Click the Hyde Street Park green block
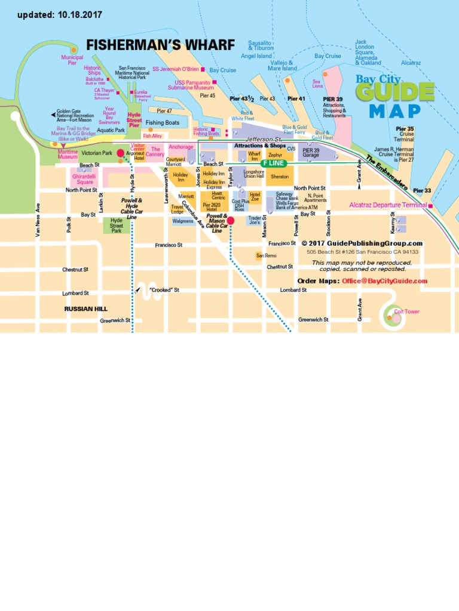tap(116, 225)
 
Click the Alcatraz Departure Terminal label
tap(388, 205)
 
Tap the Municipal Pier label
tap(72, 60)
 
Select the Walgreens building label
tap(183, 221)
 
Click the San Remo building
tap(267, 255)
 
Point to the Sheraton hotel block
tap(279, 177)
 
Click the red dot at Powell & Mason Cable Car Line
tap(231, 220)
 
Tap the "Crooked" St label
tap(164, 290)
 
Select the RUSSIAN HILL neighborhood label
tap(85, 309)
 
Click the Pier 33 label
tap(422, 190)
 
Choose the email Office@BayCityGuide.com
tap(384, 281)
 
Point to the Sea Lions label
tap(317, 84)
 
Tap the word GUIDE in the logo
tap(395, 92)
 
